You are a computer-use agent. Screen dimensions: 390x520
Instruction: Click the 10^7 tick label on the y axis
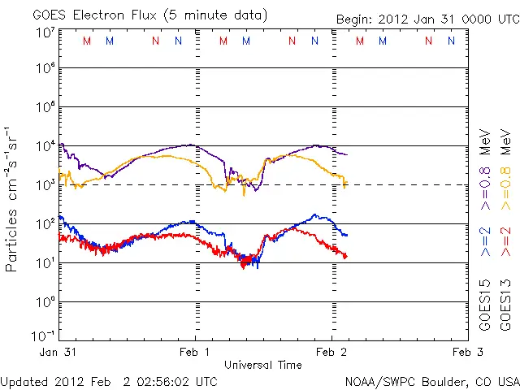point(44,32)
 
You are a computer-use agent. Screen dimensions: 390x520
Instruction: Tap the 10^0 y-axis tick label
point(44,301)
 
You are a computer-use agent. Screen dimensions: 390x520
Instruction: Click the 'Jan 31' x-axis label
point(57,352)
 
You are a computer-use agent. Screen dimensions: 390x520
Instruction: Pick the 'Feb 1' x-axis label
point(195,352)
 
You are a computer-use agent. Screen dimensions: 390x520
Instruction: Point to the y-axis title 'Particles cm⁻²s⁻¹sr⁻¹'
point(11,199)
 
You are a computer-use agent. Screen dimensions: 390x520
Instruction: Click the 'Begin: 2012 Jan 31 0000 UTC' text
point(427,19)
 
